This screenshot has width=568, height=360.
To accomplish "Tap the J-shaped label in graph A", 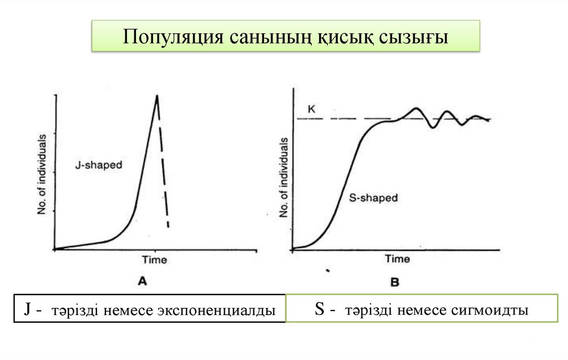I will tap(99, 165).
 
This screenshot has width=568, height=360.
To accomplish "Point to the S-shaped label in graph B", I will tap(374, 198).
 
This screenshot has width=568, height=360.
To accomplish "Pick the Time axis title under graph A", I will tap(154, 260).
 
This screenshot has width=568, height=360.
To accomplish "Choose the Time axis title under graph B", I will tap(397, 259).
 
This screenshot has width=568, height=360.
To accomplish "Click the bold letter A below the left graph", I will tap(142, 281).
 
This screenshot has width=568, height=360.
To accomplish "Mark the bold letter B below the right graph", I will tap(394, 282).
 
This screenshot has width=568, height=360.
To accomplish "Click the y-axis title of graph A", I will tap(42, 174).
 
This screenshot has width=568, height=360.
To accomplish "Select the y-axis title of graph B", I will tap(284, 178).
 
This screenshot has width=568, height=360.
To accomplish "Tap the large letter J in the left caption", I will tap(26, 310).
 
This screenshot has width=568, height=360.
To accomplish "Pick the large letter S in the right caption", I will tap(318, 310).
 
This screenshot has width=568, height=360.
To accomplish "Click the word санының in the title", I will tap(268, 37).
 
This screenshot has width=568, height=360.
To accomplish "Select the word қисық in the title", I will tap(346, 37).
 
